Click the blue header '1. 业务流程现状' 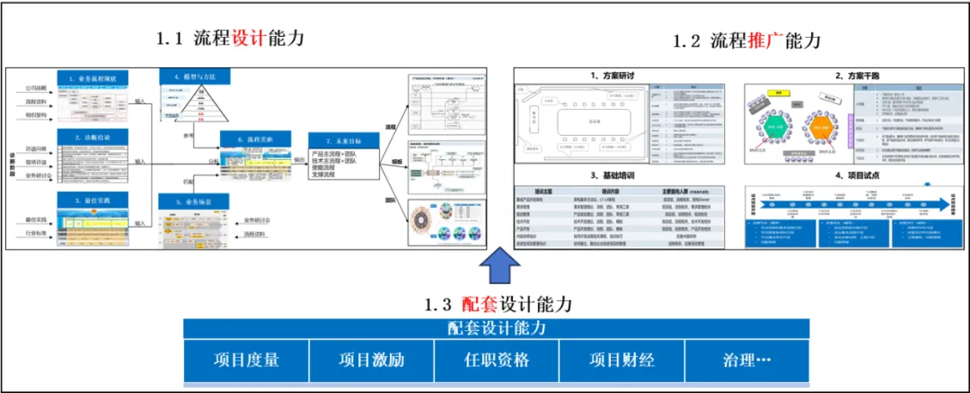click(x=93, y=78)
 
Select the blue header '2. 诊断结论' click(x=93, y=136)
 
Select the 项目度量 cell click(x=246, y=361)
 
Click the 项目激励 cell click(x=371, y=361)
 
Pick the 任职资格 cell click(x=496, y=361)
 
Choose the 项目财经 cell click(x=622, y=361)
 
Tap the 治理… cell click(x=747, y=361)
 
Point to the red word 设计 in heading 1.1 click(x=246, y=39)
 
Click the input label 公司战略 click(x=36, y=89)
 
